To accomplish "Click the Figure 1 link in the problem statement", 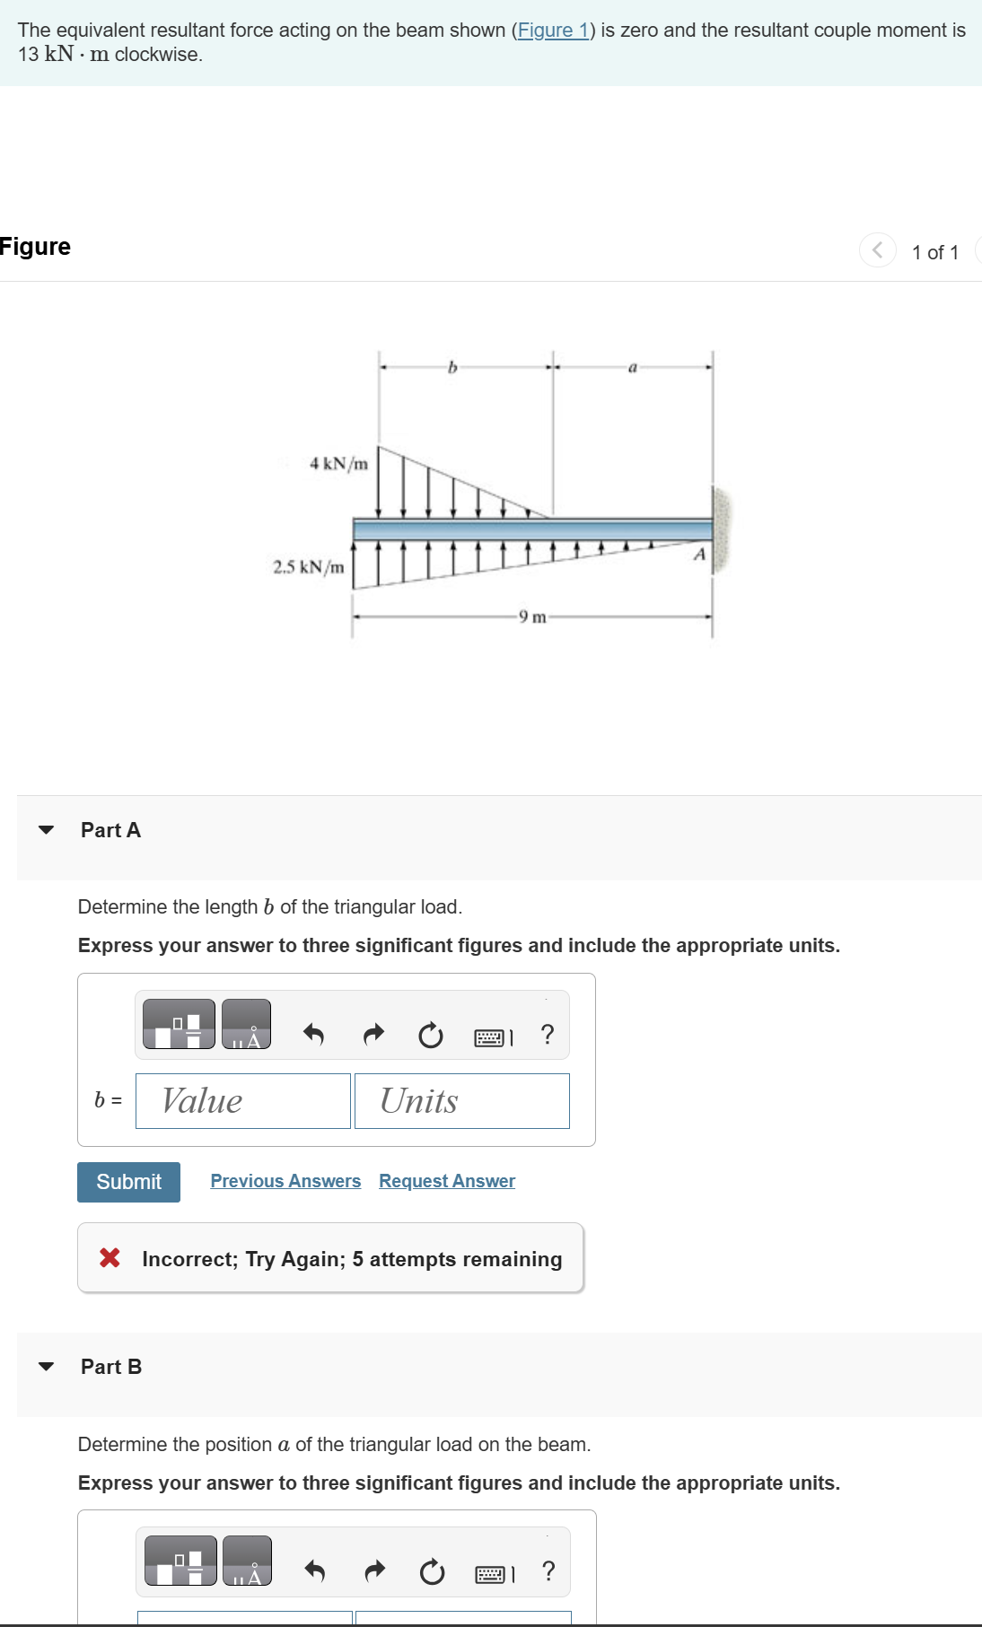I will coord(552,31).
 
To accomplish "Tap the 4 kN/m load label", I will coord(338,464).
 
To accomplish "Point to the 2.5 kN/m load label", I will coord(308,567).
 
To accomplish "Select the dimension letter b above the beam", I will coord(452,367).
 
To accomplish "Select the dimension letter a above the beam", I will coord(632,367).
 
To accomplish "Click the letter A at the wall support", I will coord(699,555).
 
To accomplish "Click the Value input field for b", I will coord(242,1101).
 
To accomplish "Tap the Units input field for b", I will coord(461,1101).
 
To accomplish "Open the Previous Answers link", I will coord(285,1181).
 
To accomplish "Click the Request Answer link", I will coord(447,1181).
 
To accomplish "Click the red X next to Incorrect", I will coord(110,1258).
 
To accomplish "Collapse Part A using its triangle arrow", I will coord(47,830).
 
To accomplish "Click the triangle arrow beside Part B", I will coord(47,1367).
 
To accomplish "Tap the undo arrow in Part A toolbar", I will coord(313,1035).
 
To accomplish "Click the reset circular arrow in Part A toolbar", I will coord(431,1036).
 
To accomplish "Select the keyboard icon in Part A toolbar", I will coord(490,1037).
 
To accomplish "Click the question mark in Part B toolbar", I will coord(548,1570).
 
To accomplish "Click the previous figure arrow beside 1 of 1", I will coord(877,249).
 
